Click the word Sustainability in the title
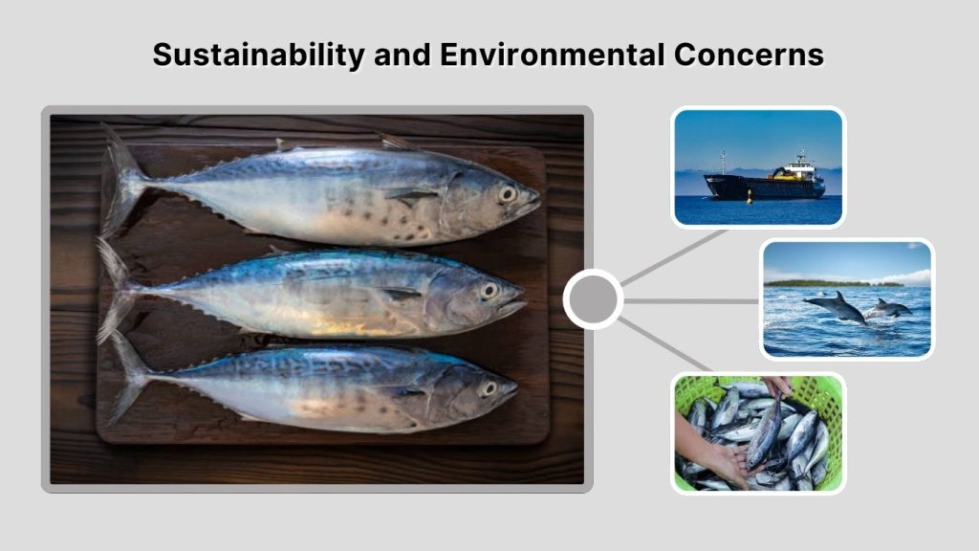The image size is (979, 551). (x=258, y=55)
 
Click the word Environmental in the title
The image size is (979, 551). (x=547, y=55)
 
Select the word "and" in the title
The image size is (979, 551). (x=402, y=55)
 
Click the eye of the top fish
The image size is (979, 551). (x=508, y=193)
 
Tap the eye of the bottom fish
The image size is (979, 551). (x=488, y=387)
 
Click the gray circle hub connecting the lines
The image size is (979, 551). (x=593, y=299)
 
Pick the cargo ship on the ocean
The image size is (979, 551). (x=764, y=184)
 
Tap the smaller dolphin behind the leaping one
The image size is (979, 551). (x=890, y=308)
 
